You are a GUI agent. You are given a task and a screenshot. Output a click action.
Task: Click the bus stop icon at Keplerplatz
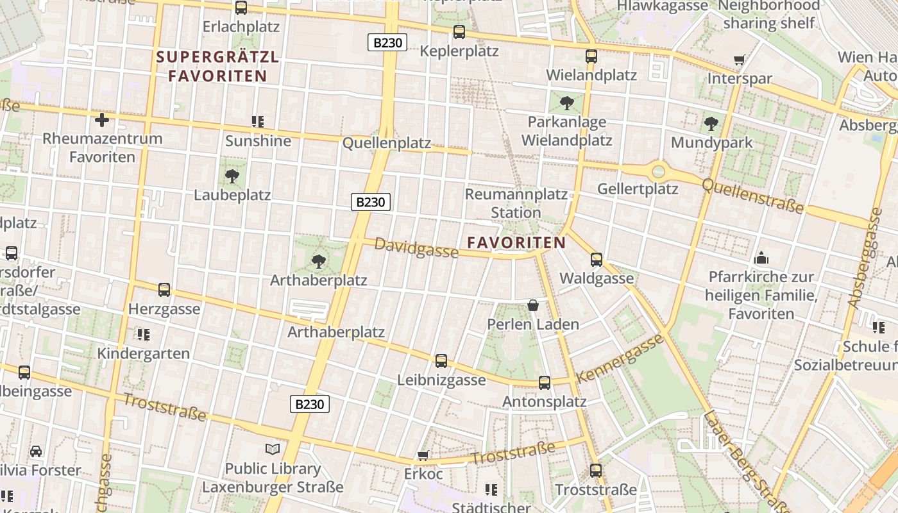(459, 31)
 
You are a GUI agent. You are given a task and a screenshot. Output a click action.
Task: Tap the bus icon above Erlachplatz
(241, 8)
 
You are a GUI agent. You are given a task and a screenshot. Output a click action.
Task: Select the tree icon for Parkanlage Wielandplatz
(567, 103)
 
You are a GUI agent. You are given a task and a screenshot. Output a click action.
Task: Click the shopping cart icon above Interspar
(740, 60)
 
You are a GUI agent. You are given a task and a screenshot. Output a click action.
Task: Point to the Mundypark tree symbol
(711, 124)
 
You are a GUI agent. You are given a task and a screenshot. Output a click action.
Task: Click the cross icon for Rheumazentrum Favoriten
(102, 119)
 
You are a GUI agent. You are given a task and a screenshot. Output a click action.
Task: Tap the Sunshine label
(258, 141)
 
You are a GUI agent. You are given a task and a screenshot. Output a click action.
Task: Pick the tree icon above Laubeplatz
(232, 176)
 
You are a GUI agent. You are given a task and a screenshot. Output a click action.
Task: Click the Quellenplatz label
(387, 143)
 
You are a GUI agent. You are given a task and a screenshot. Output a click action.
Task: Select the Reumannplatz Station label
(516, 203)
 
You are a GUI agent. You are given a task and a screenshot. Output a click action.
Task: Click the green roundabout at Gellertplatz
(658, 171)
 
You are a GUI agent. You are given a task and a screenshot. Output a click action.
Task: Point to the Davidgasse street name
(416, 248)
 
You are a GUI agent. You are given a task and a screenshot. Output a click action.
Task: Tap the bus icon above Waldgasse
(597, 260)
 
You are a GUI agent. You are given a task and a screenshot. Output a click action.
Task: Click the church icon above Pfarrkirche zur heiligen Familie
(761, 258)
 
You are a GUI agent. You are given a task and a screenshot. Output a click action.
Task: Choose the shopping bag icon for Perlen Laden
(533, 305)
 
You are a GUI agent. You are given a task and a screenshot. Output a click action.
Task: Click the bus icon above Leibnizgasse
(441, 361)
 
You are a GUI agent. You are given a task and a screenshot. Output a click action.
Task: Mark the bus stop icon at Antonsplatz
(545, 383)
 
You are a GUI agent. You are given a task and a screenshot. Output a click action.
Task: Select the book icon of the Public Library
(273, 449)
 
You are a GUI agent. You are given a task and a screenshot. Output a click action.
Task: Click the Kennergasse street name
(620, 358)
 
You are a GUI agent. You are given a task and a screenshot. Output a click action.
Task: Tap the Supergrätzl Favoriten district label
(212, 66)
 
